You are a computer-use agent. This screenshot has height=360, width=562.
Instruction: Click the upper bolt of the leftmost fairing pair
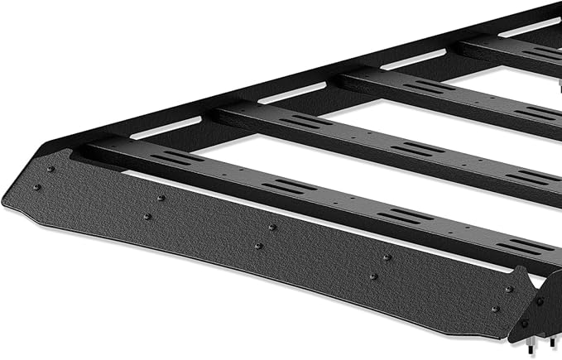point(49,170)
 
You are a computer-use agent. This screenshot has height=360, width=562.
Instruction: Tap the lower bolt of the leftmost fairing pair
point(36,188)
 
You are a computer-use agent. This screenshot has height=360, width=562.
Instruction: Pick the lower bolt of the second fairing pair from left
point(147,217)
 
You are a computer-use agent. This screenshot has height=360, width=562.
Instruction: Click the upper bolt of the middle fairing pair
point(272,227)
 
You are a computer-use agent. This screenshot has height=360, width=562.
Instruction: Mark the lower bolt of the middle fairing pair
point(259,246)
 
